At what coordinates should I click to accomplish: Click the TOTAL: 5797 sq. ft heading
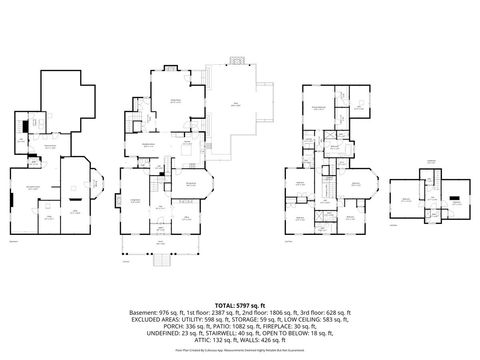click(240, 304)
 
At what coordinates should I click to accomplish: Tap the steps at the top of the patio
click(236, 62)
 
